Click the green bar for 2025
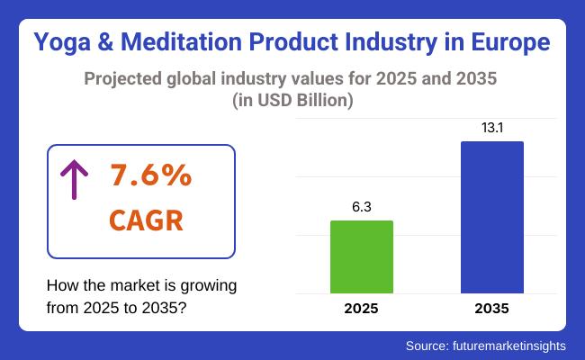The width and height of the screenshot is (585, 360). tap(362, 256)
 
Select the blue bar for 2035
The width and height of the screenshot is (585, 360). tap(491, 217)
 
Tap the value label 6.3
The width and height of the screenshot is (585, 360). tap(362, 206)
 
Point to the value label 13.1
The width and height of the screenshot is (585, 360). tap(491, 127)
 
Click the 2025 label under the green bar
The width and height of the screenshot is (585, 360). tap(362, 309)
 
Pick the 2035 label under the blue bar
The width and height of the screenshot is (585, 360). tap(491, 309)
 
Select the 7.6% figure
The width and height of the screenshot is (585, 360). tap(150, 176)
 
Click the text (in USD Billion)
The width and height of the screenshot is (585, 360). tap(292, 100)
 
